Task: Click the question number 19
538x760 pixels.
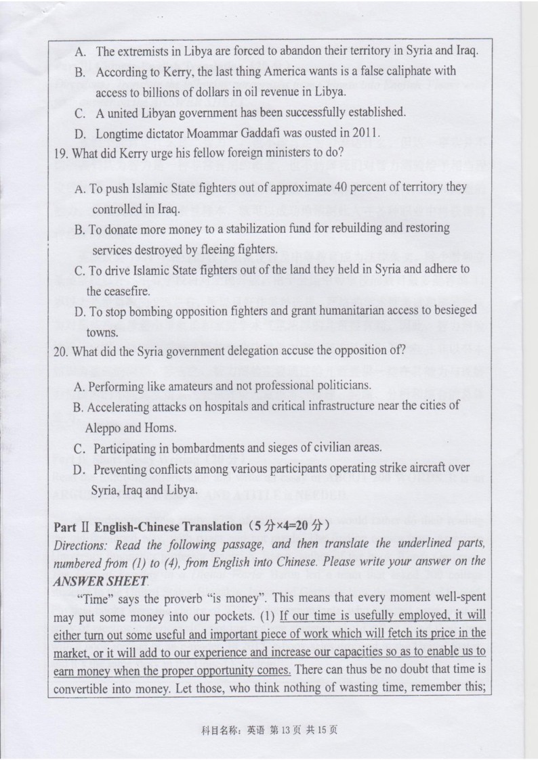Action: [x=60, y=153]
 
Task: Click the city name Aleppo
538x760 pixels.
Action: [x=103, y=428]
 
